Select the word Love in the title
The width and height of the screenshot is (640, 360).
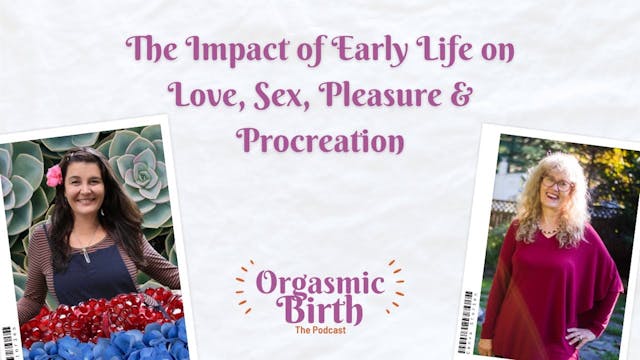click(x=200, y=95)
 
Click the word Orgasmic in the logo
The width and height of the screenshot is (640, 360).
click(x=320, y=282)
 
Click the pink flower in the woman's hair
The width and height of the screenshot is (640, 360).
click(x=54, y=176)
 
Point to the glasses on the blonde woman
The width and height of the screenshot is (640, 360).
click(x=556, y=184)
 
